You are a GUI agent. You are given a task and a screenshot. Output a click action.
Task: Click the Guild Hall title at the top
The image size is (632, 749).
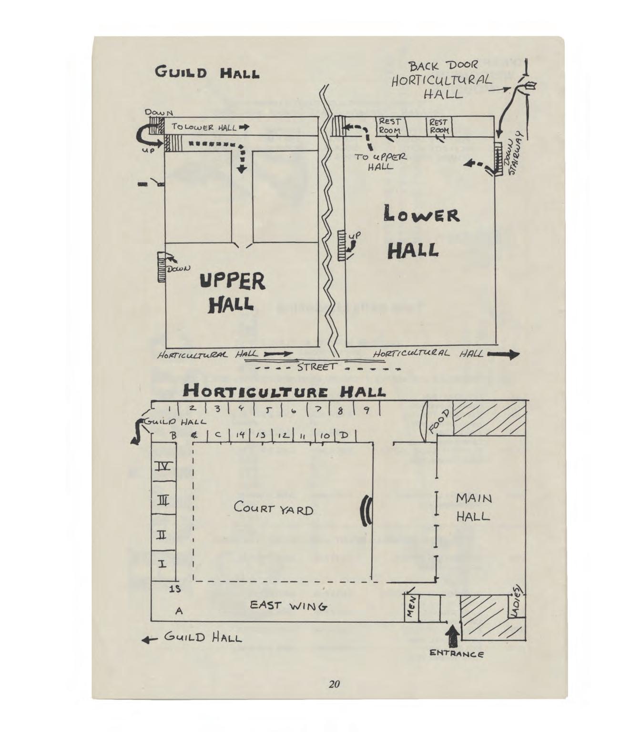(x=207, y=74)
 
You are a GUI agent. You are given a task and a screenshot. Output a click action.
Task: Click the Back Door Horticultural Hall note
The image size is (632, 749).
(x=441, y=80)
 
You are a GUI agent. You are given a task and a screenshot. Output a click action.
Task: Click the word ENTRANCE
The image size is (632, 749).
(x=457, y=654)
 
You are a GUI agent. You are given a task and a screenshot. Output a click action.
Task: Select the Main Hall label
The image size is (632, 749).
(x=473, y=507)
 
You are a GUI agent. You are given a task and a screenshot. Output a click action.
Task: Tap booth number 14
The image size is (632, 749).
(x=241, y=435)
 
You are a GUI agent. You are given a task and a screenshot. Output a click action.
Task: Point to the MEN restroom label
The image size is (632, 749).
(x=411, y=607)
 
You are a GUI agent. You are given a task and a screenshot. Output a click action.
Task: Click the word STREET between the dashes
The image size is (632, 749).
(x=316, y=367)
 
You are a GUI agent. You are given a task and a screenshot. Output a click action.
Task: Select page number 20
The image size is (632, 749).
(x=334, y=684)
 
